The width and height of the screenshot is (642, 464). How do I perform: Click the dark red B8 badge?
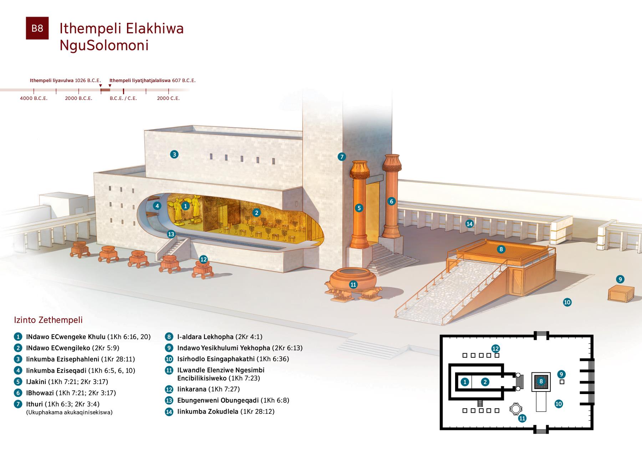[37, 28]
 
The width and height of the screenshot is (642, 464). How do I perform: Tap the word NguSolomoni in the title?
[104, 46]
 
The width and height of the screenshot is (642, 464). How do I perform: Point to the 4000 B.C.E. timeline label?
[34, 98]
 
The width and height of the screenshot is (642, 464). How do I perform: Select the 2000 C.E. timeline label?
[168, 98]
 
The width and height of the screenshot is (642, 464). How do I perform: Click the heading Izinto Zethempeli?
[48, 320]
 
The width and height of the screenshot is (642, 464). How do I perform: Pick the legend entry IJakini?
[36, 382]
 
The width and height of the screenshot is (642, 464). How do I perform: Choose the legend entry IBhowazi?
[40, 393]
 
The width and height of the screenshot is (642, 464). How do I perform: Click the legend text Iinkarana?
[192, 389]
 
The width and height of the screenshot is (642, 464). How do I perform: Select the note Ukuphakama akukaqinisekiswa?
[70, 412]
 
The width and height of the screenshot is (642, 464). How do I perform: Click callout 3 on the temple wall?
[174, 155]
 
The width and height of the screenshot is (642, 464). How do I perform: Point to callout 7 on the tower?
[342, 156]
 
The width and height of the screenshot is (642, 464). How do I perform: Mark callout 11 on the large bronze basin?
[353, 284]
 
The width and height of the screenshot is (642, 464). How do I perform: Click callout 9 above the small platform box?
[620, 279]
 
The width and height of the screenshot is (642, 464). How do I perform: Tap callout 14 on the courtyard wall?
[470, 224]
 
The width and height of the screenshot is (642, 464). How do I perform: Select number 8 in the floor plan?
[541, 382]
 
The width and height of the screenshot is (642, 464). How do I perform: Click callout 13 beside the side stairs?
[171, 234]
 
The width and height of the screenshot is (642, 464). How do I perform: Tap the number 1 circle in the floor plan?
[465, 382]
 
